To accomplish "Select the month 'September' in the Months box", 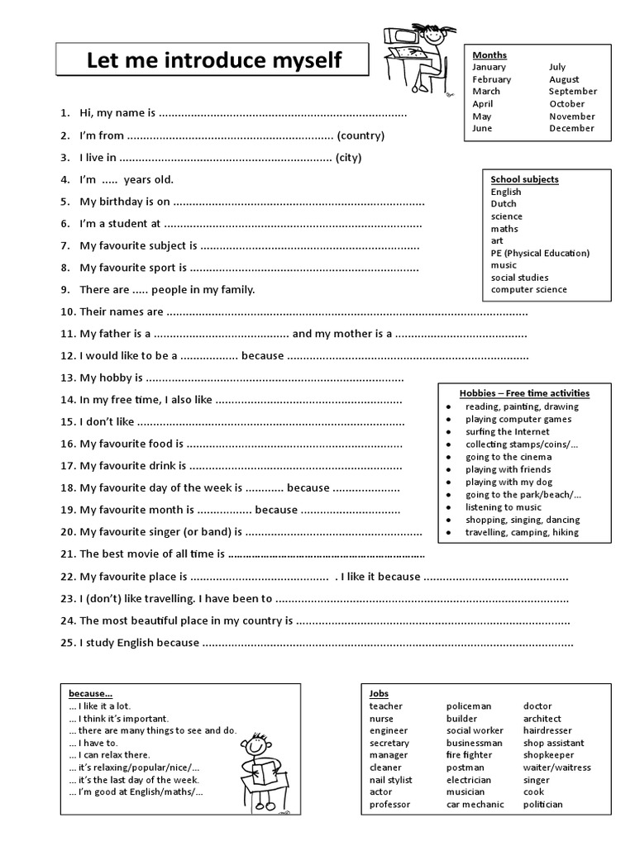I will tap(572, 92).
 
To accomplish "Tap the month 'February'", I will tap(492, 79).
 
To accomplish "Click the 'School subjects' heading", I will tap(524, 179).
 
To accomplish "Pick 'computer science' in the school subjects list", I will tap(528, 290).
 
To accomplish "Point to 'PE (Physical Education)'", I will tap(540, 253).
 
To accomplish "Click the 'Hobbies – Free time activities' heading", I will tap(524, 392).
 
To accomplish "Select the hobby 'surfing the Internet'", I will tap(506, 432).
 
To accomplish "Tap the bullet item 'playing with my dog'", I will tap(508, 482).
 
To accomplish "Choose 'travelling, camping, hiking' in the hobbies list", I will tap(522, 533).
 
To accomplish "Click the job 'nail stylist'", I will tap(391, 780).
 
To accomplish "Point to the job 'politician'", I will tap(543, 805).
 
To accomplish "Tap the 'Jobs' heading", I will tap(379, 693).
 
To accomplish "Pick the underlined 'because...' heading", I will tap(91, 693).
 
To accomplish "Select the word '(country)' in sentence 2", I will tap(361, 135).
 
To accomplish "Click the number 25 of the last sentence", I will tap(68, 643).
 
